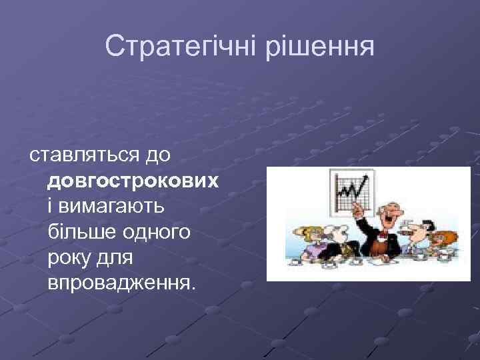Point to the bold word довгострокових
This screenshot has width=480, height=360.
pyautogui.click(x=133, y=181)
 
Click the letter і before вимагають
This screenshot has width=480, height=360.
pyautogui.click(x=51, y=207)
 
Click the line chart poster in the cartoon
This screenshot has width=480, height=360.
pyautogui.click(x=351, y=191)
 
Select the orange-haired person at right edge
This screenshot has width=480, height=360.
pyautogui.click(x=444, y=241)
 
